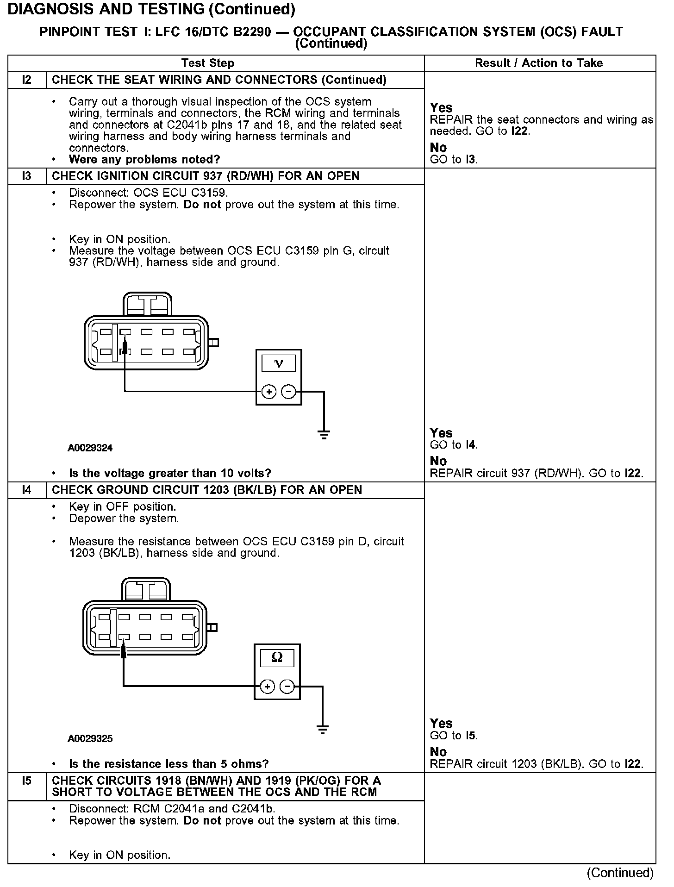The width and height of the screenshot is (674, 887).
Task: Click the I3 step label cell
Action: [x=27, y=176]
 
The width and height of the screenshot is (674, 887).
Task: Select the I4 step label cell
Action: [x=27, y=490]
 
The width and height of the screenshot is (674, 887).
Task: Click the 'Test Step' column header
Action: [x=208, y=63]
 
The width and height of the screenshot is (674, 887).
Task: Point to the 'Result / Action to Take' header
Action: [x=539, y=63]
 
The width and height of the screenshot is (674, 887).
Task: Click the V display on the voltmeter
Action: [x=278, y=364]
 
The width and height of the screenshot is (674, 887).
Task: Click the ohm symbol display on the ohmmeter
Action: [x=277, y=657]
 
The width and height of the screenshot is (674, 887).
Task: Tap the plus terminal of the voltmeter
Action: [x=268, y=392]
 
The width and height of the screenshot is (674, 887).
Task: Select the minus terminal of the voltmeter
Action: [x=288, y=392]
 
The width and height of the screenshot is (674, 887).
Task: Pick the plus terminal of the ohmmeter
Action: [x=267, y=687]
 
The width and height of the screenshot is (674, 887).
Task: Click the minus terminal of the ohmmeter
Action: [x=287, y=687]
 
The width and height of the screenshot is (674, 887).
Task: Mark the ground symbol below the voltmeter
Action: [x=324, y=434]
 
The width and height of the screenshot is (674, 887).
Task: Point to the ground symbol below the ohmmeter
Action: [x=323, y=730]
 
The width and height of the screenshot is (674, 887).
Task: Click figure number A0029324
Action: [x=90, y=448]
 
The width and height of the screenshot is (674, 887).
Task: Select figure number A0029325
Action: [x=90, y=739]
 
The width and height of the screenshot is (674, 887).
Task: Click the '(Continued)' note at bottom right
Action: [x=620, y=873]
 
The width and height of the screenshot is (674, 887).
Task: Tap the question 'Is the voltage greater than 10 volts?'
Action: [x=170, y=474]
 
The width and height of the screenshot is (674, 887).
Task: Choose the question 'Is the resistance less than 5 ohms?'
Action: [x=168, y=764]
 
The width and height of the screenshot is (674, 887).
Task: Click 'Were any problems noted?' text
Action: [x=144, y=160]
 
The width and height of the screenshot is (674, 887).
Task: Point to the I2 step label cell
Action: [x=27, y=80]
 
